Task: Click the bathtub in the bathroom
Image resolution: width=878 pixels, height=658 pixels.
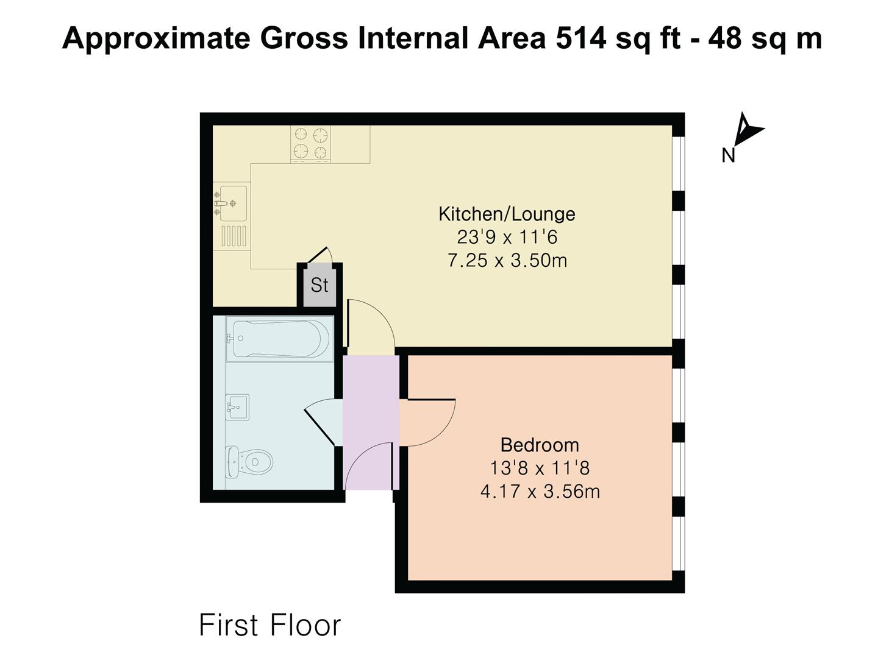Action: tap(279, 339)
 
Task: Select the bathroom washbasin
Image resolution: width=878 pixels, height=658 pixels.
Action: tap(237, 407)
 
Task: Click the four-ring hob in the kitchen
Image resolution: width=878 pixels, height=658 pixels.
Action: tap(311, 144)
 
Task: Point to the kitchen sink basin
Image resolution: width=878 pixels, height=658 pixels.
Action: tap(233, 203)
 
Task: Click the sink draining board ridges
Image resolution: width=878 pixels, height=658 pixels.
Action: tap(234, 236)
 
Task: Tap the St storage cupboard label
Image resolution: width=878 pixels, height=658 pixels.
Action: tap(319, 285)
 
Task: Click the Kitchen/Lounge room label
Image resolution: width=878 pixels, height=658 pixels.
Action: tap(507, 214)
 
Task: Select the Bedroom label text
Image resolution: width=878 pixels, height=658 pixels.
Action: tap(540, 445)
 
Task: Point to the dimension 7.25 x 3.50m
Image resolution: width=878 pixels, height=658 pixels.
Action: tap(507, 261)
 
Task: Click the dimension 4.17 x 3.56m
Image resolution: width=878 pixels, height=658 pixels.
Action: tap(540, 492)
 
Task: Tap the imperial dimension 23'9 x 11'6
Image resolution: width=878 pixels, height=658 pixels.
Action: tap(507, 237)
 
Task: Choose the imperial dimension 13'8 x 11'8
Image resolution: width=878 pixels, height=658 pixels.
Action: tap(540, 468)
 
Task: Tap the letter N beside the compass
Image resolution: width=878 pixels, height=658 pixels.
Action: tap(729, 155)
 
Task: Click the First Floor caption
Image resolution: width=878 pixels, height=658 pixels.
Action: tap(269, 625)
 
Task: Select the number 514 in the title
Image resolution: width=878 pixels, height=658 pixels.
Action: tap(581, 39)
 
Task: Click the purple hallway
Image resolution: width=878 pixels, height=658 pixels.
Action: tap(371, 422)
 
